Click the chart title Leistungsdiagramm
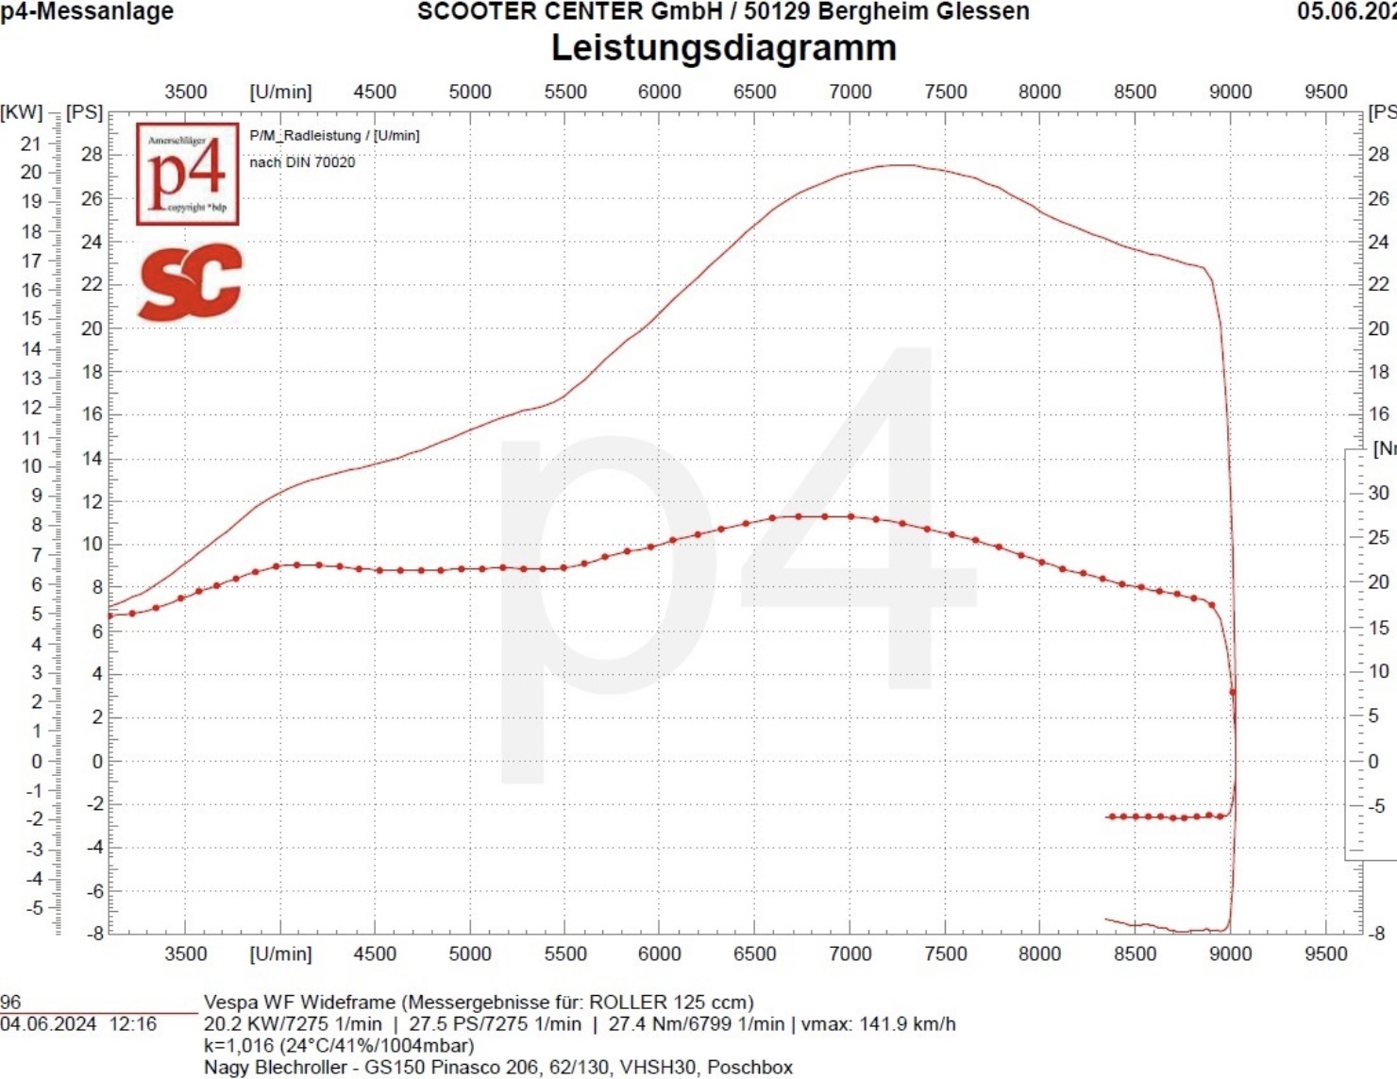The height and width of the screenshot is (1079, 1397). tap(723, 48)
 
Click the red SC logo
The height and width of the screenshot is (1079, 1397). tap(191, 281)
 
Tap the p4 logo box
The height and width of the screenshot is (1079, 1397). tap(187, 174)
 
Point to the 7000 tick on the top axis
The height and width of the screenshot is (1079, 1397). tap(850, 92)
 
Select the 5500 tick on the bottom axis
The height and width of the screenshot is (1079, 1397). tap(564, 953)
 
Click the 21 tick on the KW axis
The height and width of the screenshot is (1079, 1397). tap(31, 143)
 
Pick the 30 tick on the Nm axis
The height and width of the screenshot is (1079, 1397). tap(1378, 493)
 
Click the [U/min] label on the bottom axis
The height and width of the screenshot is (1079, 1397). tap(280, 953)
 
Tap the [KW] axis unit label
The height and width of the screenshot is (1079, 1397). tap(22, 112)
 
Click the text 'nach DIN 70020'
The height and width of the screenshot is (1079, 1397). tap(302, 162)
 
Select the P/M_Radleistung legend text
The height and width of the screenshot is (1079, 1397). tap(334, 136)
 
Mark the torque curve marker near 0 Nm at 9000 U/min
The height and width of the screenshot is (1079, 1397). tap(1232, 692)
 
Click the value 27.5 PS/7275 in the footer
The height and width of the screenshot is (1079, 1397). tap(495, 1024)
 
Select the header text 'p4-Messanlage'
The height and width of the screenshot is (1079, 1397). tap(87, 11)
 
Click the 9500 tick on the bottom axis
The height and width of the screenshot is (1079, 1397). tap(1325, 953)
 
